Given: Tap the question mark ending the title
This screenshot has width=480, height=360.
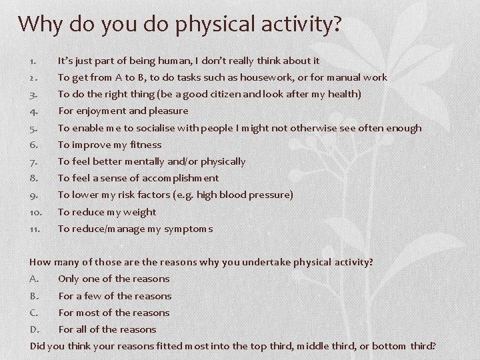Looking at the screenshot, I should (335, 23).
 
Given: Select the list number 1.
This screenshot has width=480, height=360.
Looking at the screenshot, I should (33, 61).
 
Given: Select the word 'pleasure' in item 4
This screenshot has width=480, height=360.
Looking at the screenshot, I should (167, 111).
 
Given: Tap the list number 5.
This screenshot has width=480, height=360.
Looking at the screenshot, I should (34, 128).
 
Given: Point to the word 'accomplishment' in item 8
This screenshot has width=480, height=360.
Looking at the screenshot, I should (180, 178).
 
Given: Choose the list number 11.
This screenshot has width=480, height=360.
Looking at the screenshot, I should (35, 229).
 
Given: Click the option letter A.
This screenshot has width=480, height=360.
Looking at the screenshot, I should (35, 279).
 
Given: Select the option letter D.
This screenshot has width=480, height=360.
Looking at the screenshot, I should (35, 329).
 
